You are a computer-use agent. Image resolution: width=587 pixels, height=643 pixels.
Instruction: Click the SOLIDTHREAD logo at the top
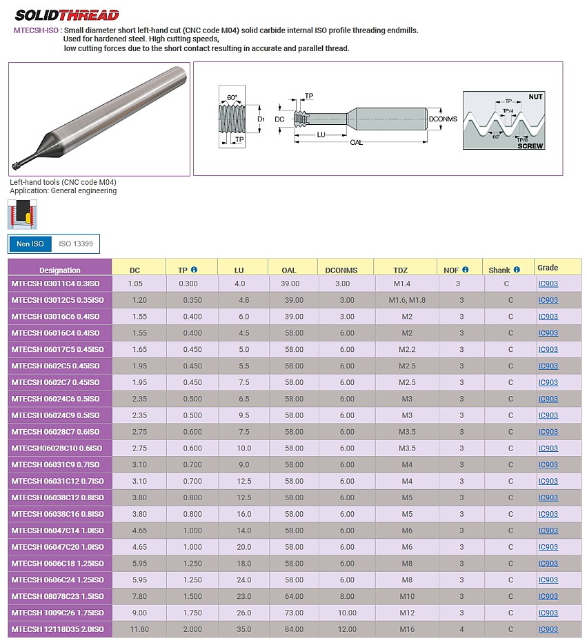(67, 15)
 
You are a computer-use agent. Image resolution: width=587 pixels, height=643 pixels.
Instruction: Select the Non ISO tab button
(30, 244)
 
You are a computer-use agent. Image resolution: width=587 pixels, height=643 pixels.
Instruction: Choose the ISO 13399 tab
(75, 244)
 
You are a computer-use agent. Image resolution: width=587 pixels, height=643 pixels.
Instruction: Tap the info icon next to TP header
(194, 270)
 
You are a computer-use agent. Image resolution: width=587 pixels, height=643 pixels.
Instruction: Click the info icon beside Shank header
(517, 270)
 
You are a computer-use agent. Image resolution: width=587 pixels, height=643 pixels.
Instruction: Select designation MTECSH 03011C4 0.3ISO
(57, 284)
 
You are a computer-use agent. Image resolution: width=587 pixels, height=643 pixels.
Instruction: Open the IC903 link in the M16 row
(548, 629)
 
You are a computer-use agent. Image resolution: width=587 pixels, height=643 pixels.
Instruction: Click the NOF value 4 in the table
(461, 629)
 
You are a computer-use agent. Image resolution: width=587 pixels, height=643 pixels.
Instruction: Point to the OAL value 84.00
(293, 629)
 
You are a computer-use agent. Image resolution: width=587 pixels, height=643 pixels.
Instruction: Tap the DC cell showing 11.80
(139, 629)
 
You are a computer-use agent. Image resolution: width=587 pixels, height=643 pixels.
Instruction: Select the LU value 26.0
(239, 613)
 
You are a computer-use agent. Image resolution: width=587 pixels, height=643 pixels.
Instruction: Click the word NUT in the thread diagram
(535, 97)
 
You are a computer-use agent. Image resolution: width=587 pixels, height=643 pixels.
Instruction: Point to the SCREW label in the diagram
(530, 146)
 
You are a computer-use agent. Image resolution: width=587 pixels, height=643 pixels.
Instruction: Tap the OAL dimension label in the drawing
(356, 143)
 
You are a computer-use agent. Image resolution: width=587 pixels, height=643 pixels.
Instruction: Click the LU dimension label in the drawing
(321, 134)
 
